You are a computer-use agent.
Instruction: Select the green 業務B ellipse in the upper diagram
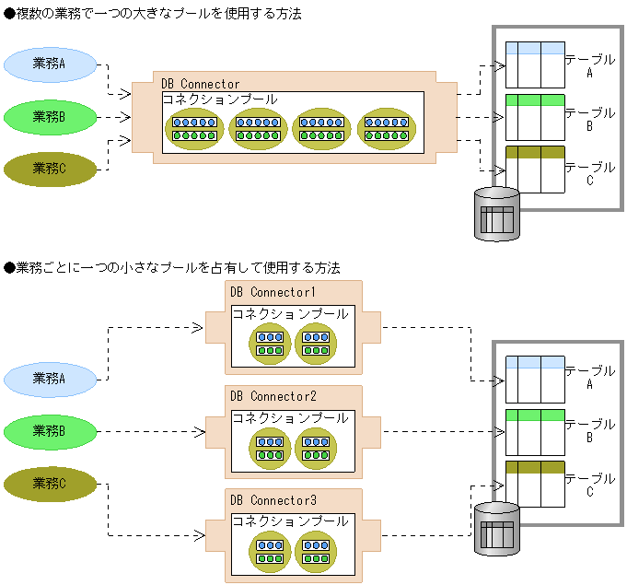(x=50, y=116)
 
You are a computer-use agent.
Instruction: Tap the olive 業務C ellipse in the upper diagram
(x=50, y=168)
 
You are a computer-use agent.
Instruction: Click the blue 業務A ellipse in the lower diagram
(x=50, y=378)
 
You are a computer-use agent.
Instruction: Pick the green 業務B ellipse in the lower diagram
(x=50, y=430)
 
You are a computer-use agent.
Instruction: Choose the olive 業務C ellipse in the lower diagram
(x=50, y=484)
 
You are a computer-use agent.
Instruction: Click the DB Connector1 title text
(x=273, y=293)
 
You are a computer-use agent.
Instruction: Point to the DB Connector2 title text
(x=273, y=396)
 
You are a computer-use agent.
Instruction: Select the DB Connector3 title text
(x=273, y=499)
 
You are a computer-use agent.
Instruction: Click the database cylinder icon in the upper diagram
(x=497, y=214)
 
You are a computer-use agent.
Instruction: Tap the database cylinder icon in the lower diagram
(x=497, y=529)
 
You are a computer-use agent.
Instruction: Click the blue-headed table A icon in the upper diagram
(x=535, y=64)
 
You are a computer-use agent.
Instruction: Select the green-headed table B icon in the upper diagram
(x=535, y=116)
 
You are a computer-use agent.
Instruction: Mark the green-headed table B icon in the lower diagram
(x=535, y=430)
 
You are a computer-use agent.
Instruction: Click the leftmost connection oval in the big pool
(x=193, y=128)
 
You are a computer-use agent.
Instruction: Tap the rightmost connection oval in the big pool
(x=387, y=128)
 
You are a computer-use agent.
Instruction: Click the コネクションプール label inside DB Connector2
(x=290, y=417)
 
